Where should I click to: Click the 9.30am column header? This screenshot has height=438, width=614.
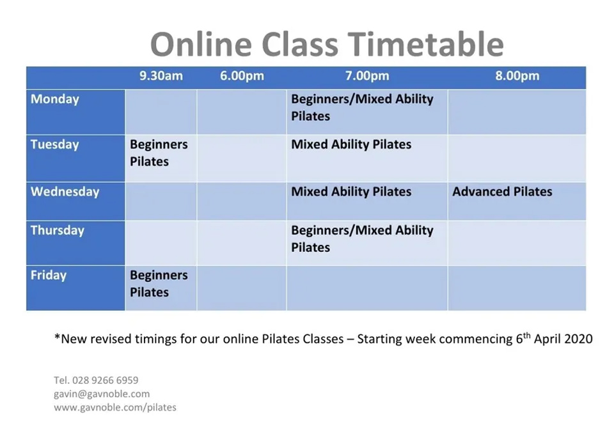161,75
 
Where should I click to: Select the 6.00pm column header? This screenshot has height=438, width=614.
242,75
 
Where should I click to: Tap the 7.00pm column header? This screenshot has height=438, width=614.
367,75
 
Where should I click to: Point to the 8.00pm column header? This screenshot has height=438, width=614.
517,75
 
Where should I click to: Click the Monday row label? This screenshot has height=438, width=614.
55,99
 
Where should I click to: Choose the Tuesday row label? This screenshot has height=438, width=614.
55,145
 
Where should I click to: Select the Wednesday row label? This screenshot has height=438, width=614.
65,192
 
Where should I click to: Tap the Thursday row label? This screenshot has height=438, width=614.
57,230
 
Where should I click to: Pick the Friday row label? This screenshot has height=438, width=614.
49,275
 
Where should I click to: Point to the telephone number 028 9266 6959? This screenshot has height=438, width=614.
105,380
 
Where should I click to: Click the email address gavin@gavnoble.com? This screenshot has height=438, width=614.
102,394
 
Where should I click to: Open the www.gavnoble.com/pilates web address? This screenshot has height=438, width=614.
115,407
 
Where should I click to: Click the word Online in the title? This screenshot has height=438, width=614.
201,44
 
